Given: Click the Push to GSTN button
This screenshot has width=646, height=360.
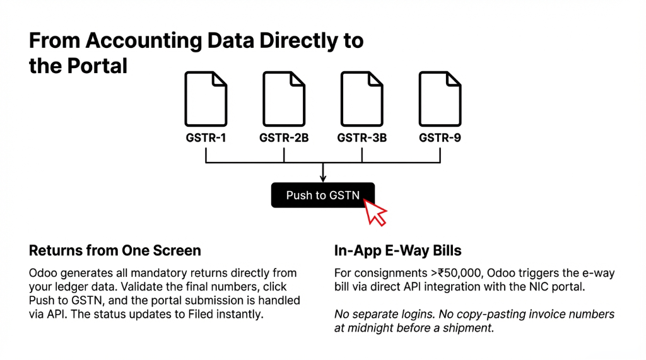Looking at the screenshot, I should point(323,195).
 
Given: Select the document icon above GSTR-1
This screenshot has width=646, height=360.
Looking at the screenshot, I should point(206,98).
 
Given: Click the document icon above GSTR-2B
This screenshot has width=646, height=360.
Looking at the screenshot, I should point(284,98).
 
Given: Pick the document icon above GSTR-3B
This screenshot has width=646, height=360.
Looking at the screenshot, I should point(362,98).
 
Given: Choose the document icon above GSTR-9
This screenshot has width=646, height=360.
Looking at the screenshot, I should point(440,98).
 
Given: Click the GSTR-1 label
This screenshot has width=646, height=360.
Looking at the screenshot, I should point(206,137).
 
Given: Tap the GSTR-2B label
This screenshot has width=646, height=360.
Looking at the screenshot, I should point(284,137).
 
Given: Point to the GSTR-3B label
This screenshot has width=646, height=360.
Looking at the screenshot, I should point(362,137).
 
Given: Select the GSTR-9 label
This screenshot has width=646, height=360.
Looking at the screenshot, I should point(440,137).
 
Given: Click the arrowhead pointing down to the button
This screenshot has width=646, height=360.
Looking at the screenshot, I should point(323,178).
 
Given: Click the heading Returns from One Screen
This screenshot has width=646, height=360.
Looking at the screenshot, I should point(115,251).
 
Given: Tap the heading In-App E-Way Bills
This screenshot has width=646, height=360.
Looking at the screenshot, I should point(397,251).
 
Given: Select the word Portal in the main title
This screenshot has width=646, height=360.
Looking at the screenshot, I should point(99,65).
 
